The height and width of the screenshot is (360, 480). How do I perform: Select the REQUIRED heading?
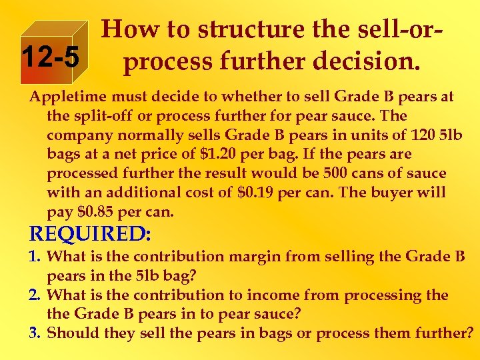(91, 235)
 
